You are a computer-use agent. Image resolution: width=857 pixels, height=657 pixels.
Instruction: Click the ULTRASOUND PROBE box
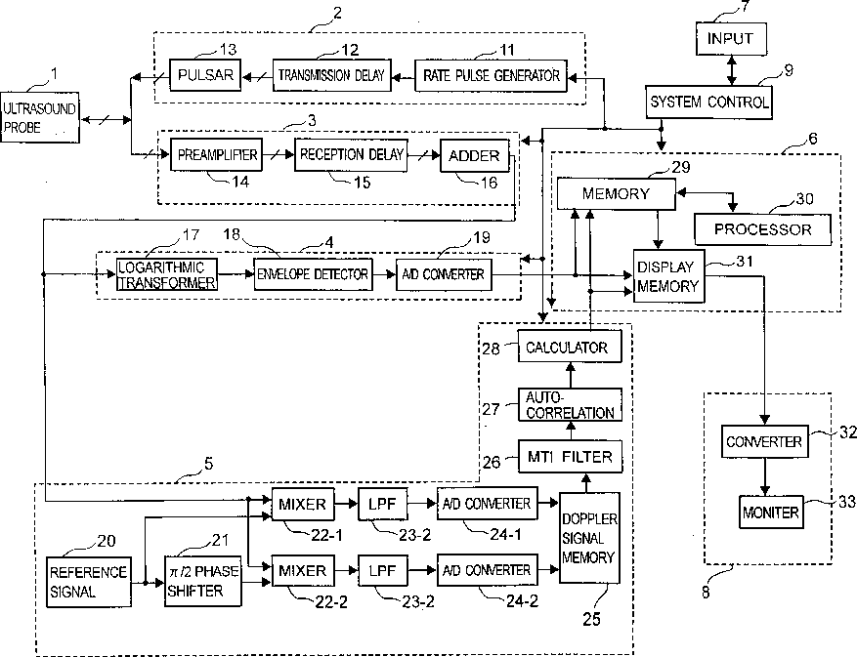point(40,117)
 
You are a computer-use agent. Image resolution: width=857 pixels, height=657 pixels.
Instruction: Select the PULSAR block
point(205,75)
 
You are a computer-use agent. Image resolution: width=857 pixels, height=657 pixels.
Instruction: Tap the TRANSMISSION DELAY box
point(331,75)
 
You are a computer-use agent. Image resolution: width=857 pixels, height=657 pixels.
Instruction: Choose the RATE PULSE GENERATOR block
point(491,75)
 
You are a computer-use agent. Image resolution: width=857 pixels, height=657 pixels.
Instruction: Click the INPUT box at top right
point(731,39)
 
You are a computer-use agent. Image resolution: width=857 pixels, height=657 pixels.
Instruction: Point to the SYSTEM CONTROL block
point(708,103)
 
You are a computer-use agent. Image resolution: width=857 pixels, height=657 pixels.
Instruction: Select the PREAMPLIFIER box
point(216,154)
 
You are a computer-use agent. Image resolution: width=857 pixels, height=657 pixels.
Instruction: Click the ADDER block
point(474,155)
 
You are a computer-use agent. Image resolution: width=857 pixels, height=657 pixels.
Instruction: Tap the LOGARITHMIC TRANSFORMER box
point(167,274)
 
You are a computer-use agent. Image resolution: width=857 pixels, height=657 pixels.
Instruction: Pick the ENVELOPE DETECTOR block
point(313,274)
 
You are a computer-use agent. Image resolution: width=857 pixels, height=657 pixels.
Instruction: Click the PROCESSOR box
point(762,229)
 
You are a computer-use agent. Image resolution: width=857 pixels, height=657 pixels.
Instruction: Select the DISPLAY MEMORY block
point(669,276)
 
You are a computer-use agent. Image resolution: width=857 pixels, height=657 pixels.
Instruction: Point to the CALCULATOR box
point(570,347)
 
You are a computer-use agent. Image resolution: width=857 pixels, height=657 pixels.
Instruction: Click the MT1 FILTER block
point(570,456)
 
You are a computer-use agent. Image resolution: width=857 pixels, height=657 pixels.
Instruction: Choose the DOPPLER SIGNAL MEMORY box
point(589,538)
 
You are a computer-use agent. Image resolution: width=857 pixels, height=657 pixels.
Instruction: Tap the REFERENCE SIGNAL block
point(89,582)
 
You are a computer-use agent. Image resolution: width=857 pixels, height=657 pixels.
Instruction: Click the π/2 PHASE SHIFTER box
point(203,581)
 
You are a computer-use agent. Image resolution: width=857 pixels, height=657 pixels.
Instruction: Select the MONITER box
point(771,512)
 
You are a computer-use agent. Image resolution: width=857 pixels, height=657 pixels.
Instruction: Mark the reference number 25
point(591,619)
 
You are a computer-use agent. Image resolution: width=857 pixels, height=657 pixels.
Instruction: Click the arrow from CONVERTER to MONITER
point(765,476)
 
